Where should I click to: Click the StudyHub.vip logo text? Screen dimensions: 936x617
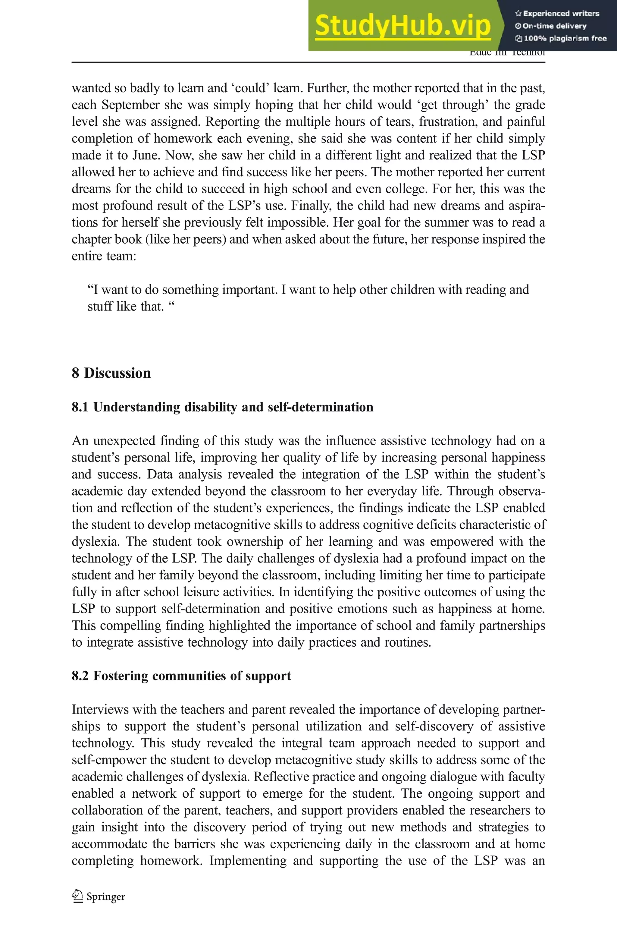tap(402, 26)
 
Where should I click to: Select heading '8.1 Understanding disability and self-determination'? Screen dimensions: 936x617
tap(222, 407)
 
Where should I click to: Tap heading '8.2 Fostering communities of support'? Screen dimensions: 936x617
tap(181, 676)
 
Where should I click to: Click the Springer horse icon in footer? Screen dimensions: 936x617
tap(77, 896)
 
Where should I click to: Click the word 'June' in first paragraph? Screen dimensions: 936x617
tap(146, 155)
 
